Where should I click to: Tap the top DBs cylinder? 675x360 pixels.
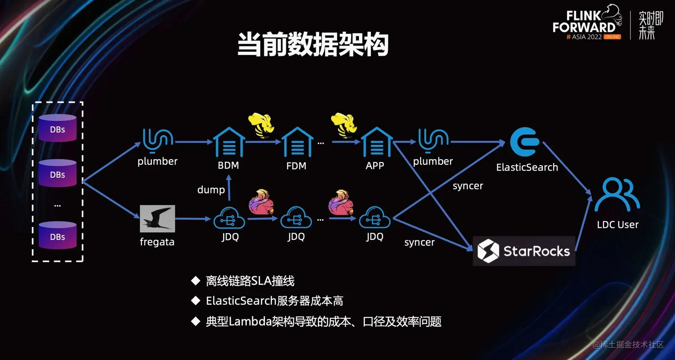(57, 128)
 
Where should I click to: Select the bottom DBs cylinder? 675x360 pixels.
(57, 235)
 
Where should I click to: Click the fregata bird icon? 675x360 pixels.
(157, 219)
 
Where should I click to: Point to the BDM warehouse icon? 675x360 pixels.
(229, 142)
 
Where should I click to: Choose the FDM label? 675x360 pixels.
(296, 166)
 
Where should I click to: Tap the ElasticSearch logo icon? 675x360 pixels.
(525, 142)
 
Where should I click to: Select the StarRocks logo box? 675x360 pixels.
(524, 251)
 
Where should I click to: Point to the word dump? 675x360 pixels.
(211, 190)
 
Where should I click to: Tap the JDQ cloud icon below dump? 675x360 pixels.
(229, 219)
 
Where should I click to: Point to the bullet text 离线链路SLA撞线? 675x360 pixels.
(250, 281)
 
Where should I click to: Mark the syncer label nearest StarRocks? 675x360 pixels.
(419, 243)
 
